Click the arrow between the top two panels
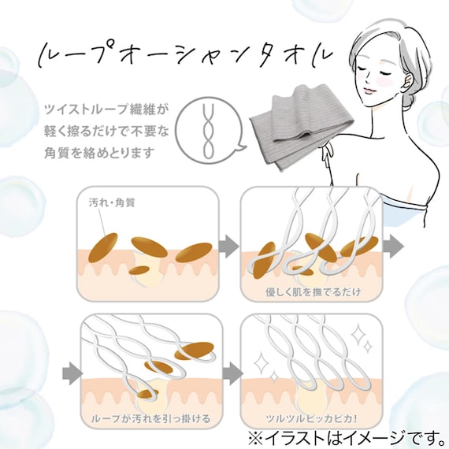click(228, 246)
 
